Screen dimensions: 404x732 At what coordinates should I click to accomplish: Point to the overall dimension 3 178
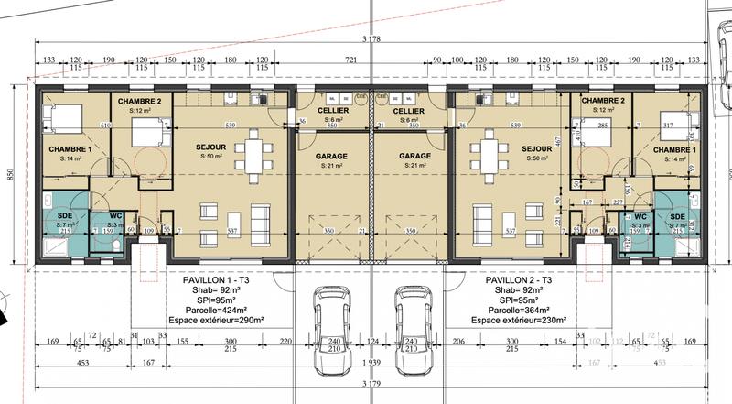pos(372,38)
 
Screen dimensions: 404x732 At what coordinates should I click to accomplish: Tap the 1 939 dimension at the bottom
pos(371,363)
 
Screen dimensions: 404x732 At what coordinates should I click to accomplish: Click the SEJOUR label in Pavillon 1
pos(210,147)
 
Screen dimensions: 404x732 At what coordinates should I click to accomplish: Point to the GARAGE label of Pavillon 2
pos(414,156)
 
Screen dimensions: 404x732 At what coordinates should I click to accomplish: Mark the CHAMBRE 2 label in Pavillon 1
pos(140,101)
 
